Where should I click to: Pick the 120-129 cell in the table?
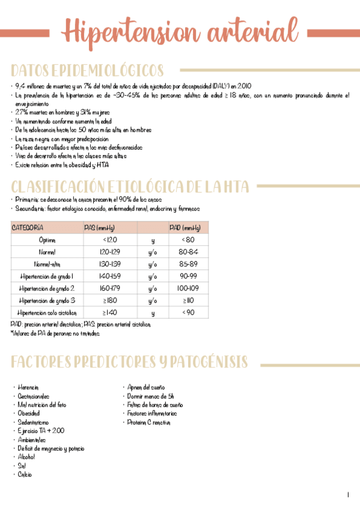[109, 252]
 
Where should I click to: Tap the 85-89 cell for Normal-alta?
[188, 264]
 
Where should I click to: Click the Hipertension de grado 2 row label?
[47, 288]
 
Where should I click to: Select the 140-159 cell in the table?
[109, 276]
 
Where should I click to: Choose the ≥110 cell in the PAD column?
[188, 300]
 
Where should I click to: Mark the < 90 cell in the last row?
[188, 312]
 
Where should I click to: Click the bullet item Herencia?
[30, 388]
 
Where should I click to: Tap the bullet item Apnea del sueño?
[146, 388]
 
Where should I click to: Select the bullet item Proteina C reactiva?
[149, 423]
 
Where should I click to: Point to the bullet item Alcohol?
[27, 457]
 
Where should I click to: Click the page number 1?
[348, 494]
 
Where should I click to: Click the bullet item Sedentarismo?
[34, 422]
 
